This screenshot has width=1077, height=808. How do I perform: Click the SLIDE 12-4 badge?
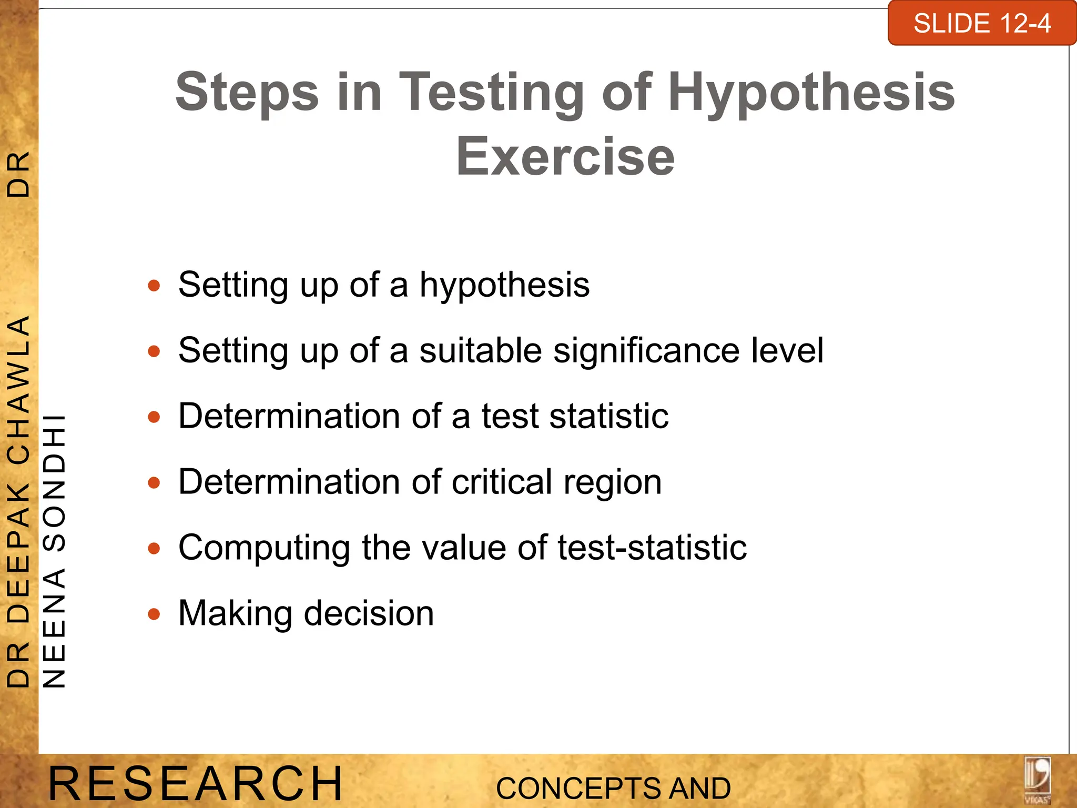[981, 24]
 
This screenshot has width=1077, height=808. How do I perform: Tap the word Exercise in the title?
[565, 157]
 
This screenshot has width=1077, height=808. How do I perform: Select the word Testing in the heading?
[492, 93]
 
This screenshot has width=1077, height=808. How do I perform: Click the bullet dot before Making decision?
[154, 614]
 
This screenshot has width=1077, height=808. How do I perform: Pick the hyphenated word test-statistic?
[652, 548]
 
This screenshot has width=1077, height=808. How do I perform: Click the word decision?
[369, 613]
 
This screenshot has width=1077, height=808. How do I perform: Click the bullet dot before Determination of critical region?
[154, 483]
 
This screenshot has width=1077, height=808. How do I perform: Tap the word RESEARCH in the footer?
[196, 784]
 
